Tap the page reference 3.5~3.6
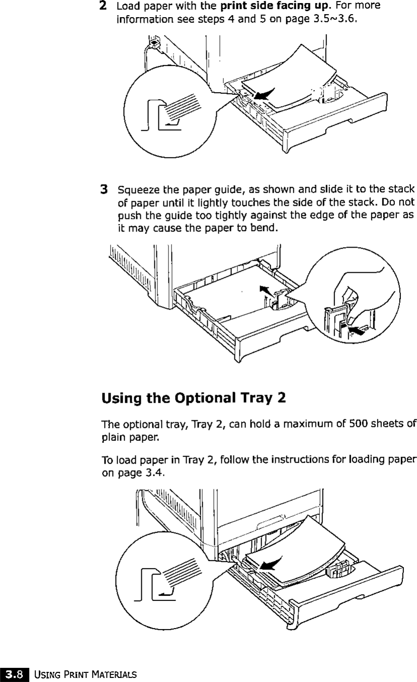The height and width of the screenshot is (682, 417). click(x=327, y=20)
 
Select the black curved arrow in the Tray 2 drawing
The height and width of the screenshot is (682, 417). click(x=272, y=563)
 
